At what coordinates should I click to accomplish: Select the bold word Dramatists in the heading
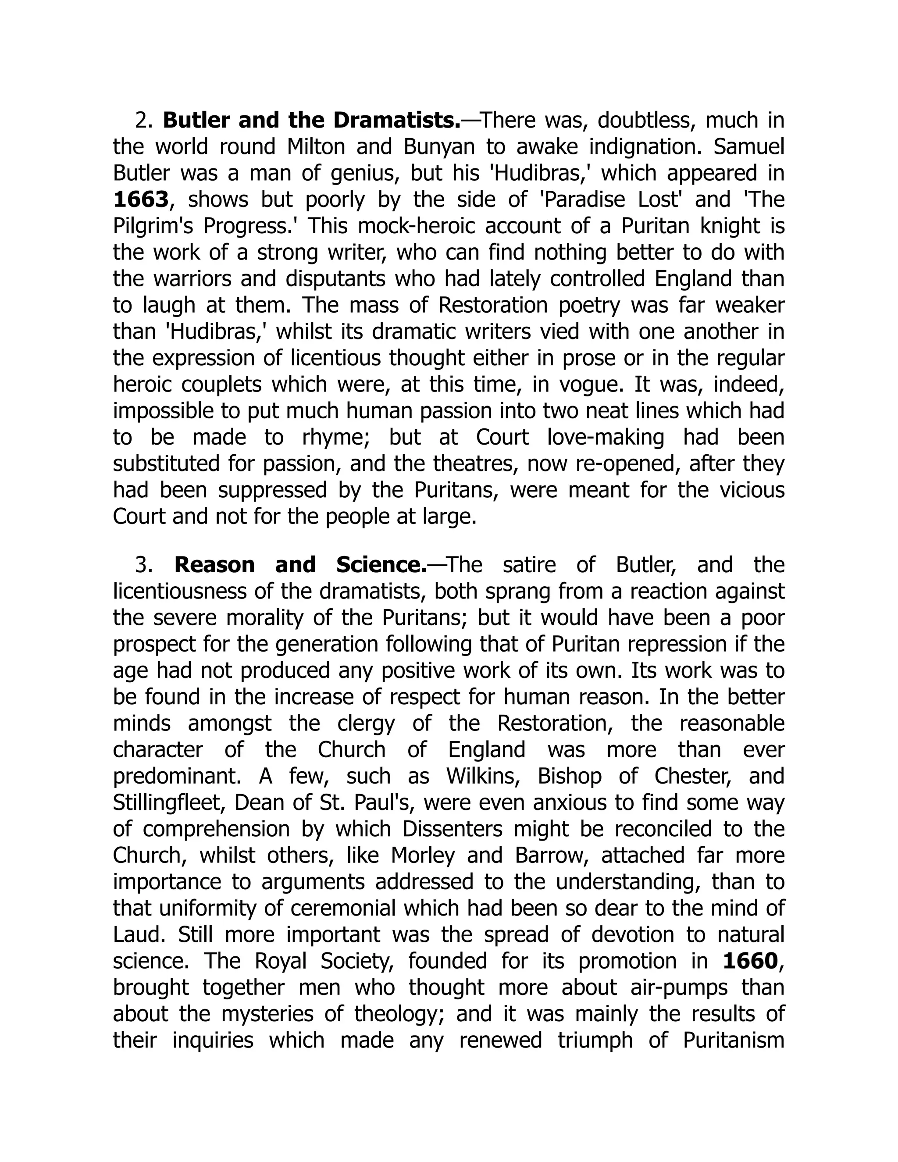(396, 121)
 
